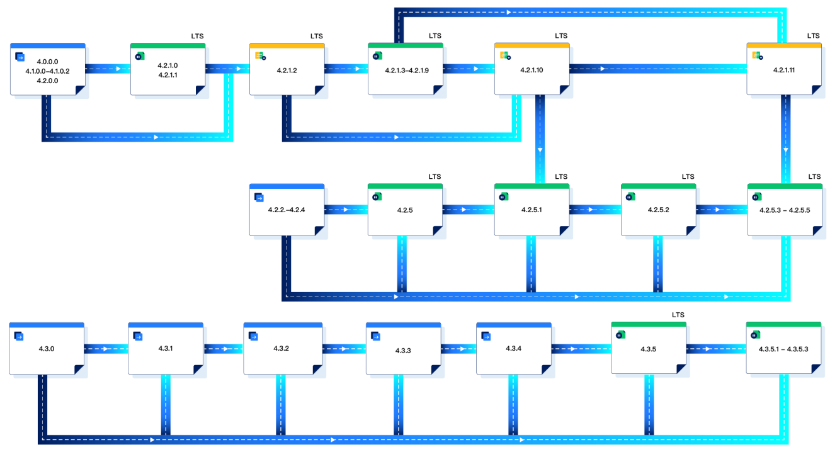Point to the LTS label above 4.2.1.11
pos(814,36)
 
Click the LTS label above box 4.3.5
pos(678,315)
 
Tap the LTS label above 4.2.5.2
pos(688,177)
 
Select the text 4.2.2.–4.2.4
pos(287,209)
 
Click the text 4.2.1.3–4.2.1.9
pos(407,71)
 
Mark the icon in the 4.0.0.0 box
pos(20,57)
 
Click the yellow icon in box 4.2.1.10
pos(504,56)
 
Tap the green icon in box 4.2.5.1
pos(503,196)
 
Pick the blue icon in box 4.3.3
pos(376,336)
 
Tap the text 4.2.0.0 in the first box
pos(47,81)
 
